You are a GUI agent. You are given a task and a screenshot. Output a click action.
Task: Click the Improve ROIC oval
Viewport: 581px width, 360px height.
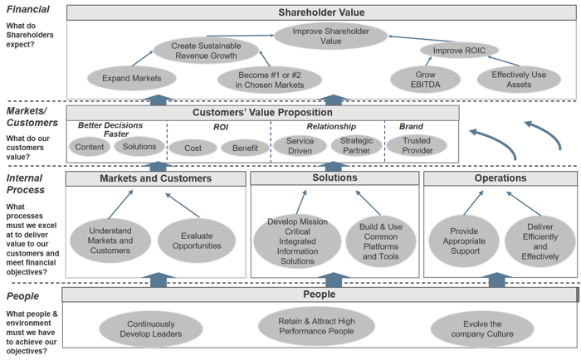(458, 51)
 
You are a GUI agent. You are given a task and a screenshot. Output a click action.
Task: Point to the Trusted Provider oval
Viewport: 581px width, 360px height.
(417, 146)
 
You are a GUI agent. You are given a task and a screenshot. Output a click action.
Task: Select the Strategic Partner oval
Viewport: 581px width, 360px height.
(357, 146)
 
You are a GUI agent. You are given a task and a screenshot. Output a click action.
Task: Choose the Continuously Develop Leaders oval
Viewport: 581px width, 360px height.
(151, 328)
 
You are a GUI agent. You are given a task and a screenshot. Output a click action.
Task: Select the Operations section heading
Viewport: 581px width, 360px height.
(500, 178)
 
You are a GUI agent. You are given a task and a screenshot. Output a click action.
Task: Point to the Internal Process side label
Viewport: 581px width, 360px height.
(25, 183)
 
